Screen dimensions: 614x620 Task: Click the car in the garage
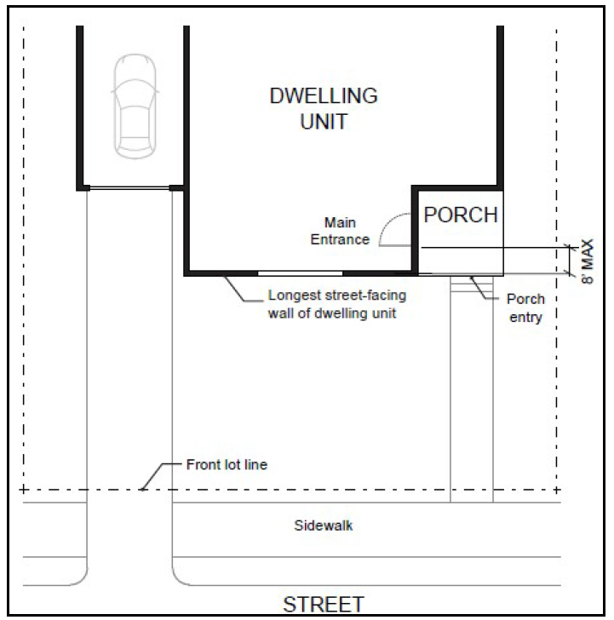pos(135,106)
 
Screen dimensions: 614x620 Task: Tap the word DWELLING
pos(324,95)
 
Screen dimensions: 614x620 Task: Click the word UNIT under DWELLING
pos(324,122)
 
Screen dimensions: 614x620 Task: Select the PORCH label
pos(461,215)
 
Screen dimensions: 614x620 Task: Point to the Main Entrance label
pos(340,231)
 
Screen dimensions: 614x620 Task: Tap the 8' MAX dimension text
pos(588,261)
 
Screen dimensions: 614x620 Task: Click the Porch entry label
pos(525,308)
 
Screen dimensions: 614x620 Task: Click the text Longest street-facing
pos(337,296)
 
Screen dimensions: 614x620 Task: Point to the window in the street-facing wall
pos(300,273)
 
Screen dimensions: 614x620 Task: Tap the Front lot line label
pos(227,465)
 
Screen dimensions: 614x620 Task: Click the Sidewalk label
pos(324,525)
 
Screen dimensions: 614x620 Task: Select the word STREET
pos(324,605)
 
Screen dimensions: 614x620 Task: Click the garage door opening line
pos(129,188)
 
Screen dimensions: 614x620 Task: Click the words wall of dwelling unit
pos(332,313)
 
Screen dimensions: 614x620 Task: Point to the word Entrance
pos(340,239)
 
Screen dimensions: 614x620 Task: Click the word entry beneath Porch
pos(525,318)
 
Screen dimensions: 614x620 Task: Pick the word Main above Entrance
pos(340,222)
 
